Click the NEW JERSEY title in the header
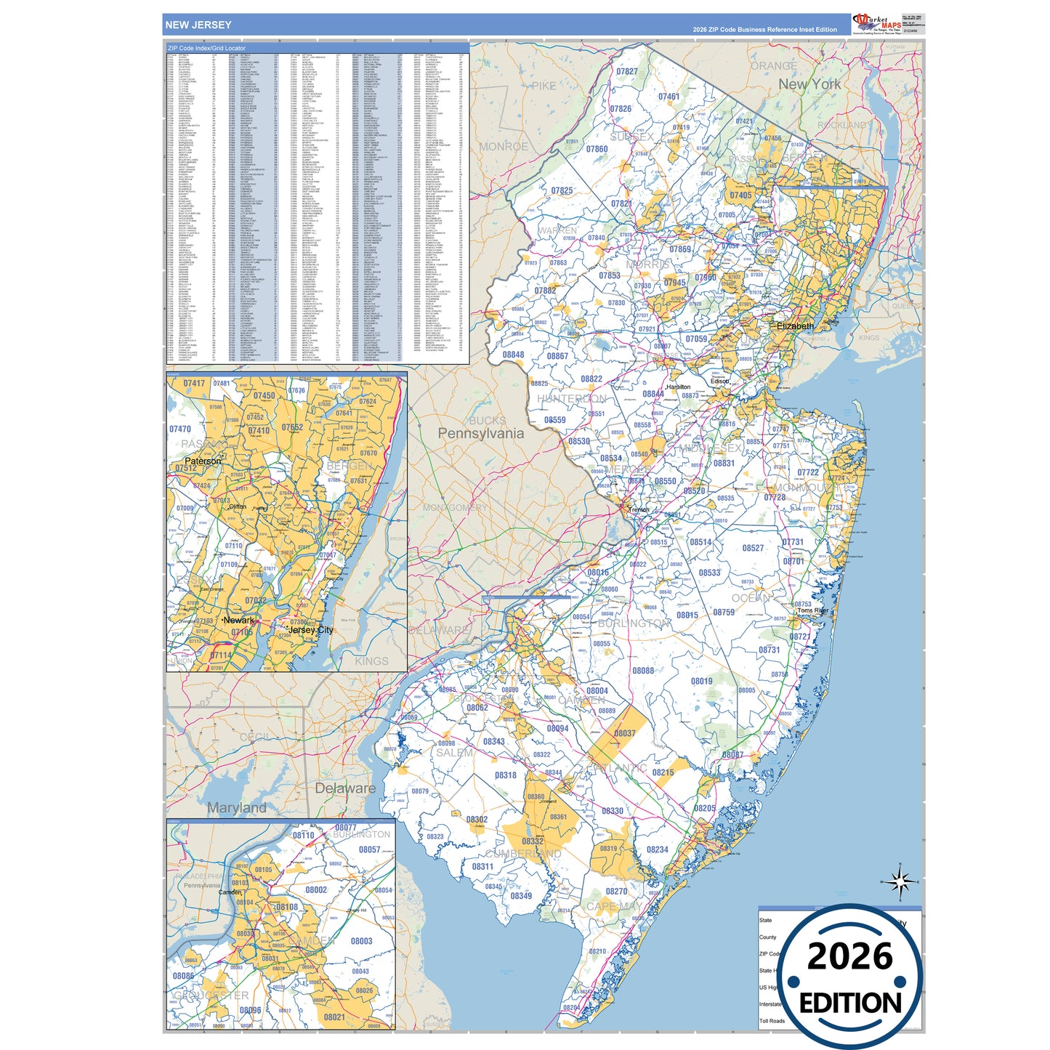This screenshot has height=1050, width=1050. [198, 25]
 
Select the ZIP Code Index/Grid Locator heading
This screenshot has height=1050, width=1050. [206, 48]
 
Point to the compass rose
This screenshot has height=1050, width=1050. [900, 882]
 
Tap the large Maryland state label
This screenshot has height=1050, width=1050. [237, 808]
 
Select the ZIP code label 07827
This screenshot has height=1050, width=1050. [626, 72]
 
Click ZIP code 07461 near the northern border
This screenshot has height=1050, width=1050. [669, 97]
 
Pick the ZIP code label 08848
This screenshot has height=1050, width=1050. [513, 355]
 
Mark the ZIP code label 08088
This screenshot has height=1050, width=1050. [642, 671]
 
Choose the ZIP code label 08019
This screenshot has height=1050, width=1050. [701, 681]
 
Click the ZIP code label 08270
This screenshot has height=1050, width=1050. [616, 891]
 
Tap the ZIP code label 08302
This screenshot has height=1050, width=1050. [477, 820]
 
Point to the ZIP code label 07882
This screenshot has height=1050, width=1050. [545, 291]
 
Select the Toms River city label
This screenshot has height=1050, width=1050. [813, 611]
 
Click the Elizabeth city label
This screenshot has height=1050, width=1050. [795, 326]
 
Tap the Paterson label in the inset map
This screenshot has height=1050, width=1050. [203, 461]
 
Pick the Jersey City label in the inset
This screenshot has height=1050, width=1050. [310, 630]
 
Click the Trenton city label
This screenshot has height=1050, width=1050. [639, 510]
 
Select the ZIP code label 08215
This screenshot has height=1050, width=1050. [663, 772]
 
